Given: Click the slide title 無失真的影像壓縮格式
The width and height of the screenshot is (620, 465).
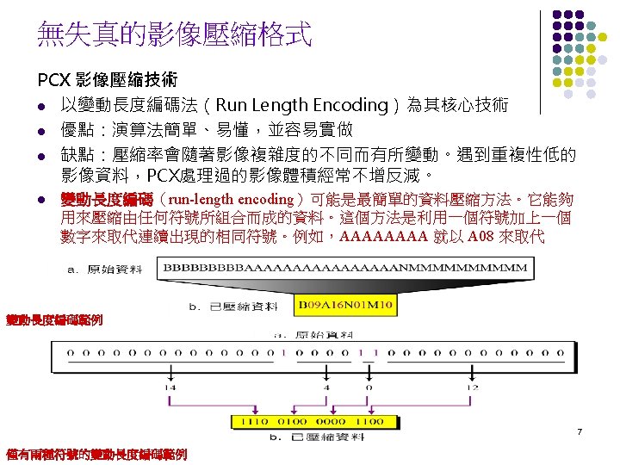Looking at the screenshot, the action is point(174,35).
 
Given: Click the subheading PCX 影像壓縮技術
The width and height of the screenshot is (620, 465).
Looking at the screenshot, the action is point(108,81).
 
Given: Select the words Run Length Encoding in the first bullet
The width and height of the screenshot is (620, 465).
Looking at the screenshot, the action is point(301,106).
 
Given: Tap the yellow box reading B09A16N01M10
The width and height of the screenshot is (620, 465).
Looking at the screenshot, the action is point(345,304).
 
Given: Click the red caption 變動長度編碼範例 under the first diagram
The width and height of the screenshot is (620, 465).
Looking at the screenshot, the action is point(53,320).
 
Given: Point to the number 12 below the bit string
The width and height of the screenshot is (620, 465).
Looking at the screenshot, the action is point(472,387).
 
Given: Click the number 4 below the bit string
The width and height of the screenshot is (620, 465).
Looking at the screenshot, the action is point(325,387).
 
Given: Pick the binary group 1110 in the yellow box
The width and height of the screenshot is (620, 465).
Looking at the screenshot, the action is point(256,422).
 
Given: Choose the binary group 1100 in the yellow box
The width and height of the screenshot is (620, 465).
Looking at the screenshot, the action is point(368,422).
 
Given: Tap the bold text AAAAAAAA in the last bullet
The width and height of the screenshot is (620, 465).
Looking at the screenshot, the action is point(383,237).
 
